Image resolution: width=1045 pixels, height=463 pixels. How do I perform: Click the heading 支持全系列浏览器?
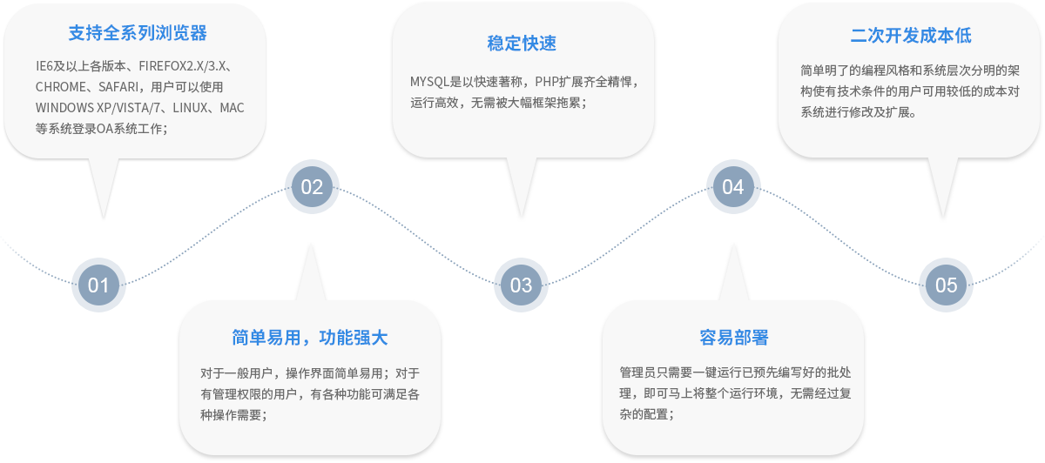coord(138,35)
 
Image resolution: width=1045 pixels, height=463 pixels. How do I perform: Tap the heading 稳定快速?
coord(522,44)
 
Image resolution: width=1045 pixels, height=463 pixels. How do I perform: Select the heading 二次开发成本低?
coord(911,36)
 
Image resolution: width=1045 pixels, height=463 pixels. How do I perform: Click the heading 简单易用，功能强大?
coord(310,338)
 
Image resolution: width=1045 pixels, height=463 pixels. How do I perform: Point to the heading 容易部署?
coord(733,338)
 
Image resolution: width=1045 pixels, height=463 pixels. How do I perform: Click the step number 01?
coord(98,285)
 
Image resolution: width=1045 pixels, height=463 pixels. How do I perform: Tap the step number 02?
coord(312,187)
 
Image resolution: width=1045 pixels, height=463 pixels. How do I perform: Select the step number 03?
coord(521,285)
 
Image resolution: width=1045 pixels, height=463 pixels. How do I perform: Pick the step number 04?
coord(733,187)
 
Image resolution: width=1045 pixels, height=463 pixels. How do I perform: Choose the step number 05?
coord(946,285)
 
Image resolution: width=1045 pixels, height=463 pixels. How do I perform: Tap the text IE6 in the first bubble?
coord(44,66)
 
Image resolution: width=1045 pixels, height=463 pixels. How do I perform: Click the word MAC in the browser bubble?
coord(232,108)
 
